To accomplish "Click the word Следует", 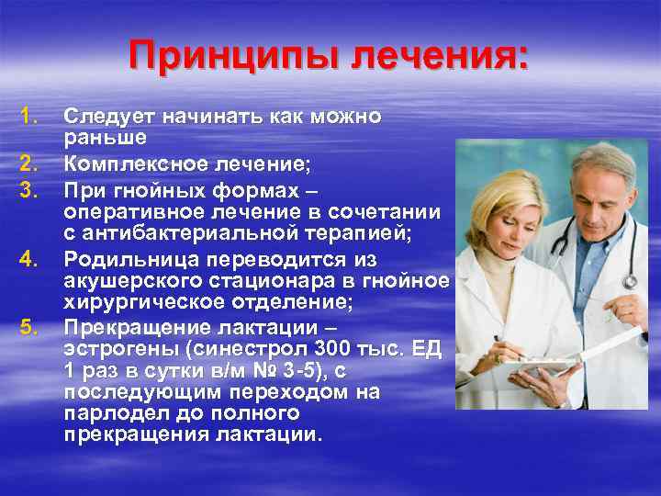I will [109, 118].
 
